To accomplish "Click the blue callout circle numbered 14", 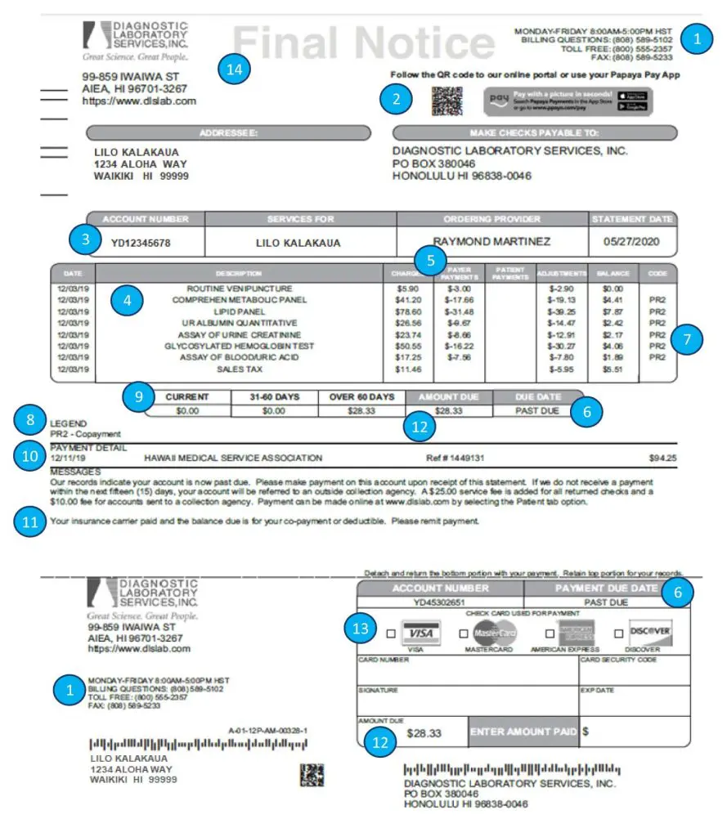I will point(236,70).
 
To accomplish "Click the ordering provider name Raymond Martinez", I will point(491,241).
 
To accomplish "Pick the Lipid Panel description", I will point(239,311).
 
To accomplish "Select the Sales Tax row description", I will point(239,369).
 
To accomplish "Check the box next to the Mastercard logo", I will point(464,633).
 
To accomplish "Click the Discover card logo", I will point(651,632).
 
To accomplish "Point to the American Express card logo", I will point(577,632).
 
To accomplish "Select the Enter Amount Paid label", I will point(523,732).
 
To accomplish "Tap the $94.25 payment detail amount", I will point(662,459).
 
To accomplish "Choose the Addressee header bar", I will point(228,132).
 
